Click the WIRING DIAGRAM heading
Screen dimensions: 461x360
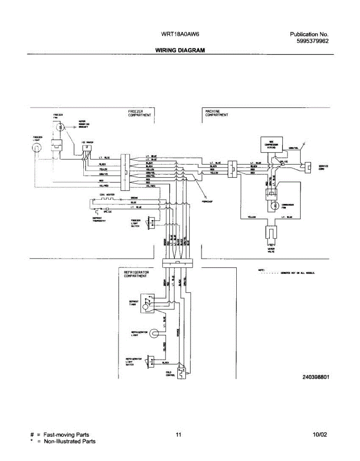[180, 50]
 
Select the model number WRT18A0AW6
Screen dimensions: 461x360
[180, 34]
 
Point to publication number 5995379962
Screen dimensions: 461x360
[312, 41]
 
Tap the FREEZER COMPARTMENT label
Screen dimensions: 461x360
[139, 113]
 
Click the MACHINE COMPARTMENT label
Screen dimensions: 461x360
[217, 113]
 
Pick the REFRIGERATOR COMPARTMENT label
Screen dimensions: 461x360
[136, 274]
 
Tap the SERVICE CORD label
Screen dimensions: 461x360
[323, 167]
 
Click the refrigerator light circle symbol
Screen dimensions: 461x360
[154, 333]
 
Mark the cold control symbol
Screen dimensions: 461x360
[181, 371]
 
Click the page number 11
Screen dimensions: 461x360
[178, 435]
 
